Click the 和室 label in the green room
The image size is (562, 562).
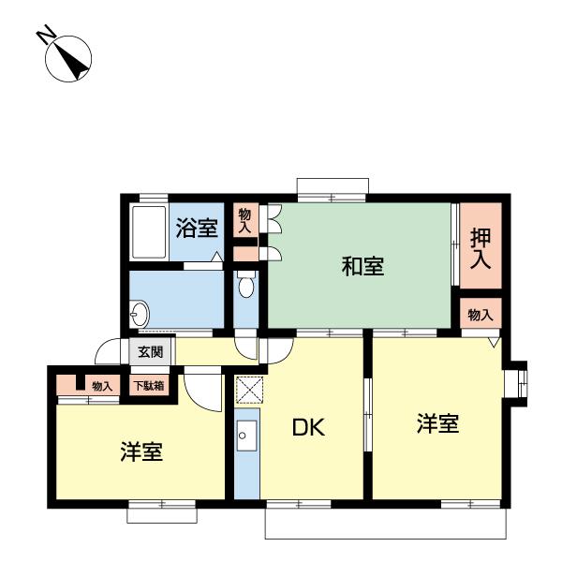coord(362,267)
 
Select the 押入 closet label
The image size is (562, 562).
coord(480,246)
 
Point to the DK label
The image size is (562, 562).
coord(308,429)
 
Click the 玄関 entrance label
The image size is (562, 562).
coord(151,353)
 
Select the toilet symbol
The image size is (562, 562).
coord(245,285)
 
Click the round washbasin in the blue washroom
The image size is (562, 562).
coord(141,312)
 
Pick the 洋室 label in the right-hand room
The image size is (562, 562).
coord(437,423)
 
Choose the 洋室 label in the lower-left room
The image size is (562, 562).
coord(141,452)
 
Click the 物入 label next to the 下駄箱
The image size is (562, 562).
coord(102,386)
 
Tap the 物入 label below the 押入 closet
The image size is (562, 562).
coord(480,315)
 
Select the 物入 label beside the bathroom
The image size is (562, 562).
coord(244,222)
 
